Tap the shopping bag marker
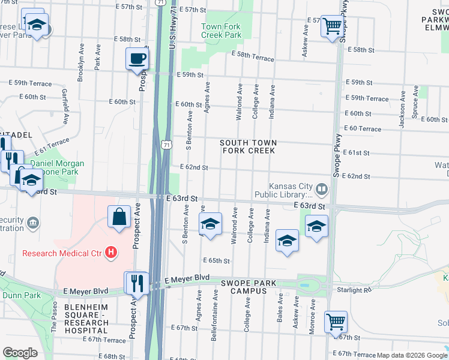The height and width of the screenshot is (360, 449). [x=119, y=216]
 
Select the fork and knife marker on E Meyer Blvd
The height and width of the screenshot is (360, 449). [x=136, y=282]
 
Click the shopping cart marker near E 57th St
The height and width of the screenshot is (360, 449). [x=331, y=26]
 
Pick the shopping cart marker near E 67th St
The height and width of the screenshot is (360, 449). [x=336, y=321]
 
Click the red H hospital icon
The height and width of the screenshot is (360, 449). [x=110, y=253]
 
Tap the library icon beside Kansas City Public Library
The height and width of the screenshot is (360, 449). [x=322, y=190]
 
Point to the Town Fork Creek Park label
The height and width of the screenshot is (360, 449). [x=221, y=31]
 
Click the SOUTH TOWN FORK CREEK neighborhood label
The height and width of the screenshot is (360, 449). [x=249, y=146]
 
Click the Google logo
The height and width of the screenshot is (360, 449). [x=20, y=353]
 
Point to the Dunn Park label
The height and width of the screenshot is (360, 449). [x=20, y=295]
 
